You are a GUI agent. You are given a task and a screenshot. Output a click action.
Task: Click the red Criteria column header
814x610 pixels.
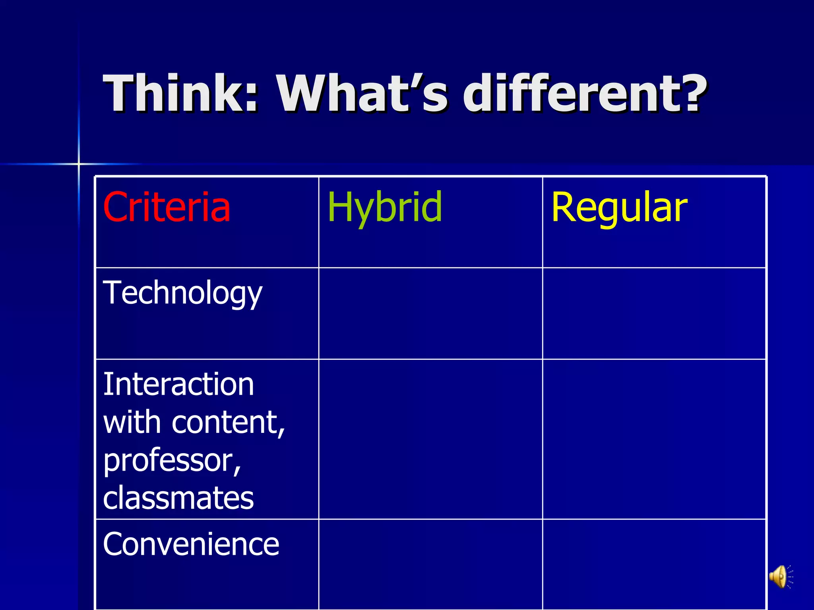click(x=167, y=207)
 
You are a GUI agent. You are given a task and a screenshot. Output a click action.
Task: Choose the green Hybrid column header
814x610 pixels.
click(x=384, y=207)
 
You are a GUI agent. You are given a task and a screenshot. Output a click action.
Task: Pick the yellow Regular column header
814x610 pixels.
click(x=619, y=207)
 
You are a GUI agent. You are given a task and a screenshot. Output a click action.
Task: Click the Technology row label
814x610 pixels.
click(x=182, y=293)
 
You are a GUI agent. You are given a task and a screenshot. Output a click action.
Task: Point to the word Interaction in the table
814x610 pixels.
click(x=178, y=384)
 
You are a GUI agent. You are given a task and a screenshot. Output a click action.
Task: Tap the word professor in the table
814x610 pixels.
click(x=169, y=461)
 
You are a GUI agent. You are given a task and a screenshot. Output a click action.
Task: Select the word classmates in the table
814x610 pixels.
click(x=178, y=498)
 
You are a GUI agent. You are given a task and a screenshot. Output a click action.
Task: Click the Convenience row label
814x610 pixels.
click(x=191, y=544)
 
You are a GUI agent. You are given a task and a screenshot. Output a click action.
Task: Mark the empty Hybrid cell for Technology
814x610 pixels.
click(x=430, y=314)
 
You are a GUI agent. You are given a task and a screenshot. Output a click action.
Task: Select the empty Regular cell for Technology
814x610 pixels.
click(x=654, y=314)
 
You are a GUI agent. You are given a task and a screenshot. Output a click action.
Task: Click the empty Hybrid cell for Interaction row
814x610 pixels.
click(x=430, y=439)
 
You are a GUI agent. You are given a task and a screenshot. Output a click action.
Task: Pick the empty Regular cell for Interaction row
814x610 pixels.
click(x=654, y=439)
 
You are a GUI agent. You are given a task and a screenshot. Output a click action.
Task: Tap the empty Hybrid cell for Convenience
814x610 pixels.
click(x=430, y=564)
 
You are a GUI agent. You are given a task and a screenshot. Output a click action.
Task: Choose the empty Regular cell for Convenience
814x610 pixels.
click(x=654, y=564)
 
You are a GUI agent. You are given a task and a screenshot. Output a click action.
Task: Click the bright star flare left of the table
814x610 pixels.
click(x=79, y=164)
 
